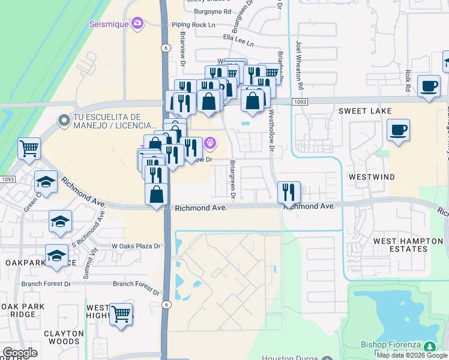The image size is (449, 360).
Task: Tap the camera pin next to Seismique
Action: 138,23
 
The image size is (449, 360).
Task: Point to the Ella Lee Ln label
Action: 238,44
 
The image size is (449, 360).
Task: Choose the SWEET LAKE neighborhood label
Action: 364,111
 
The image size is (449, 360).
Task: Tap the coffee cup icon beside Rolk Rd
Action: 428,86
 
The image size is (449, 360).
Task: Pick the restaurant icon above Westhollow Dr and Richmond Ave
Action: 289,192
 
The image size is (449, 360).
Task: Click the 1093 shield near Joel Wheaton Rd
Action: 301,103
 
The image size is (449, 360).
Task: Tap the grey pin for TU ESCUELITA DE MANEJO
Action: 64,121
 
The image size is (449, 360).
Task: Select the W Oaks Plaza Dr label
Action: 137,246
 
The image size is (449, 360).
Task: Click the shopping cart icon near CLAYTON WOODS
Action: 121,313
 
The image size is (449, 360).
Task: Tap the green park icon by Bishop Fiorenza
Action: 429,347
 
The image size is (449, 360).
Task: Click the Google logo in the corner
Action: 20,353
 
